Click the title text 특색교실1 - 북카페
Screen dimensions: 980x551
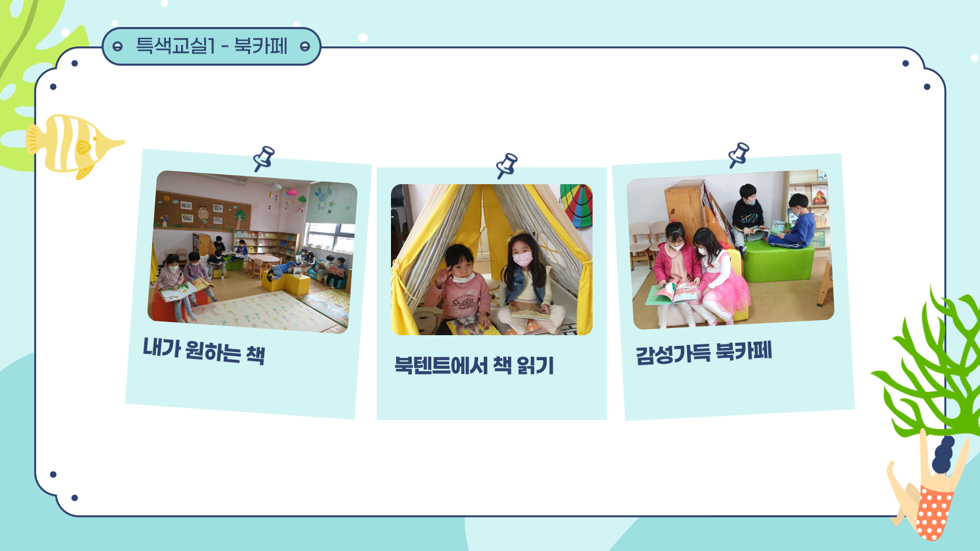[x=212, y=46]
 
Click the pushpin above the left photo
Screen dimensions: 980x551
[x=264, y=158]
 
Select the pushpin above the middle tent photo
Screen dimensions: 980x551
[x=507, y=165]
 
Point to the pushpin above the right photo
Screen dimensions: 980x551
[x=739, y=155]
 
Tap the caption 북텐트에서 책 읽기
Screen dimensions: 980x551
[x=474, y=365]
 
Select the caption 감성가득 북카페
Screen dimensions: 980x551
[x=703, y=353]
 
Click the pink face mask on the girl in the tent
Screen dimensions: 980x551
[x=522, y=259]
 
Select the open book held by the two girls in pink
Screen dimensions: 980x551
[x=674, y=294]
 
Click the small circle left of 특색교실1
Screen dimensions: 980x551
[x=117, y=47]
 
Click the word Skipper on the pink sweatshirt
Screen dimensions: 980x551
[x=462, y=301]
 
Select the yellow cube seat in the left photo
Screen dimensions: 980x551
[x=297, y=285]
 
